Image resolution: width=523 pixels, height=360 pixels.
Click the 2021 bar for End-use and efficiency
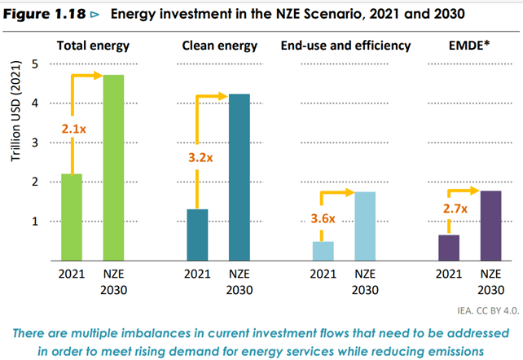click(323, 251)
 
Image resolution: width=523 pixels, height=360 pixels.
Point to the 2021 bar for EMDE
click(449, 248)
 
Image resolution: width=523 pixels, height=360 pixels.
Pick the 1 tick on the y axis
click(34, 221)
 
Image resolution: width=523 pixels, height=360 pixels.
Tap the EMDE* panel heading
click(468, 45)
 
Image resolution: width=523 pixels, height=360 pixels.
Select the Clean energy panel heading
click(219, 45)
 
